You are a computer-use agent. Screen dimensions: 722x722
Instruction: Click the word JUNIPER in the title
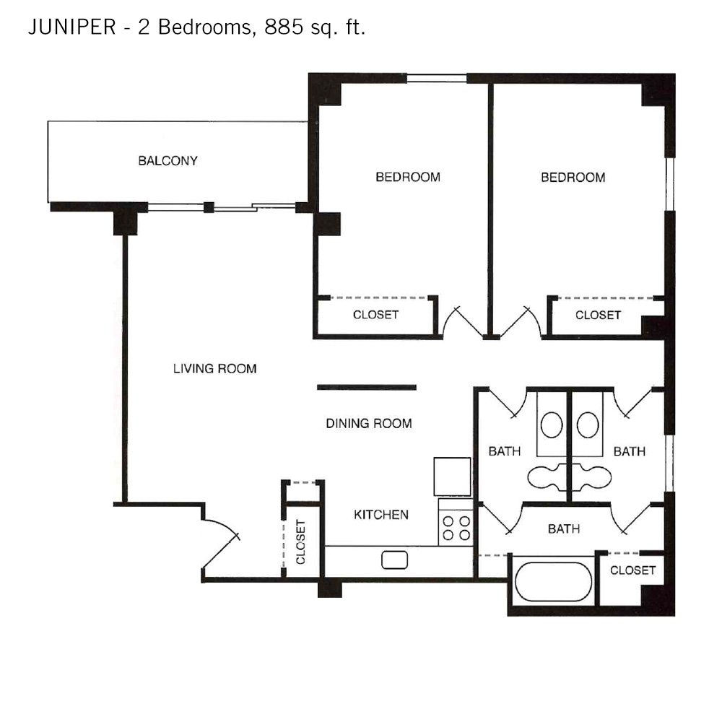coord(71,27)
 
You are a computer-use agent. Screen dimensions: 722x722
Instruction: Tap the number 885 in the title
coord(284,27)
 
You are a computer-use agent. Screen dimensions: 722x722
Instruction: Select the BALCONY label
coord(168,161)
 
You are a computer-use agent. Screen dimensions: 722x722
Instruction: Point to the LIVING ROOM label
coord(214,368)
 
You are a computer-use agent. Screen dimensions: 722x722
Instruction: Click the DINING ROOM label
coord(369,423)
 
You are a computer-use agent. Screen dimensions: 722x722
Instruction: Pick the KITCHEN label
coord(380,514)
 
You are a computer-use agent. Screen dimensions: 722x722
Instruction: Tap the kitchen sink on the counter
coord(395,560)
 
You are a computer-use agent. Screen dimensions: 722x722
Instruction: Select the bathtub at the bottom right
coord(553,581)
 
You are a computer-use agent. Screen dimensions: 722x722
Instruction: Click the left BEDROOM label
coord(407,177)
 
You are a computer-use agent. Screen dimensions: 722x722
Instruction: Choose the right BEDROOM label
coord(573,178)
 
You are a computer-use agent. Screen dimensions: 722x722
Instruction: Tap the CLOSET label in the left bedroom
coord(375,315)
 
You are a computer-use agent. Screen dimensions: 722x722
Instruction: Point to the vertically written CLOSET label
coord(300,541)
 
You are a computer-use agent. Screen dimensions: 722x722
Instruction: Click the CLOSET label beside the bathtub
coord(632,570)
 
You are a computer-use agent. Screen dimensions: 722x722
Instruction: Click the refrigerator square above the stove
coord(452,477)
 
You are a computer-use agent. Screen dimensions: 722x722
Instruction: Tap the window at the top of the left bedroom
coord(437,78)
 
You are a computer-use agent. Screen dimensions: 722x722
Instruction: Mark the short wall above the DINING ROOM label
coord(367,387)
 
